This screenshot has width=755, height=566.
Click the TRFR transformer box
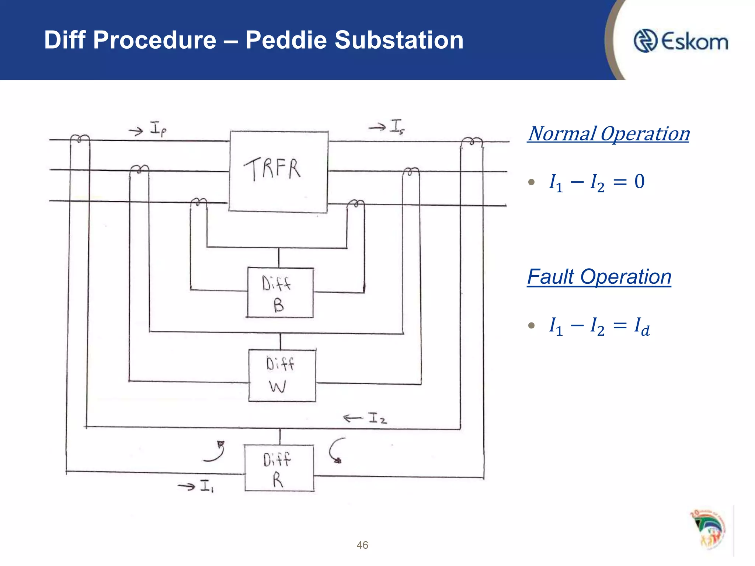click(x=278, y=171)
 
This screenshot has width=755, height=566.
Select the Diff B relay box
click(x=280, y=293)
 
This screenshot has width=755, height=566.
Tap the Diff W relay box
click(x=282, y=375)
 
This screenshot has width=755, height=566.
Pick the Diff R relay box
click(x=279, y=468)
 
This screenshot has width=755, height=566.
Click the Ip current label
click(x=158, y=129)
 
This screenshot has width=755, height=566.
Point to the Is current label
click(x=397, y=126)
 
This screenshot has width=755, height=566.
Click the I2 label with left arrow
click(x=377, y=418)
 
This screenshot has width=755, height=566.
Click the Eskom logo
click(x=681, y=41)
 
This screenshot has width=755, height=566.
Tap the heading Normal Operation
click(x=608, y=134)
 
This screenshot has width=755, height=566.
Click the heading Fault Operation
click(x=599, y=277)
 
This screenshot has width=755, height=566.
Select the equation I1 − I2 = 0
click(x=596, y=182)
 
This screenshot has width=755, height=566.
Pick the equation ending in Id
click(x=599, y=326)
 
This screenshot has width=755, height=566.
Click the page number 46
click(x=362, y=545)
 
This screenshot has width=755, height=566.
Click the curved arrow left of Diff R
click(x=216, y=451)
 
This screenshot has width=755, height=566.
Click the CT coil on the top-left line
click(x=80, y=139)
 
